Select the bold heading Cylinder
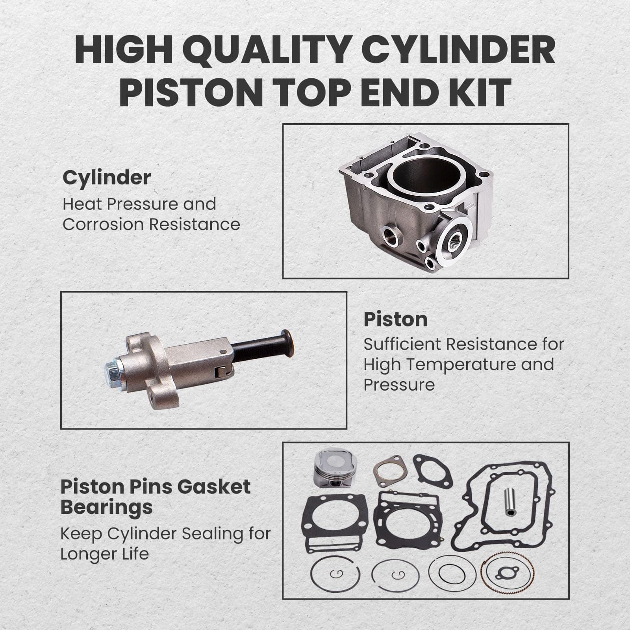(106, 178)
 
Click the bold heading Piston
(395, 319)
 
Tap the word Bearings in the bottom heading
(106, 507)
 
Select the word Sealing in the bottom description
(211, 534)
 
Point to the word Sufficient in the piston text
(402, 345)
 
